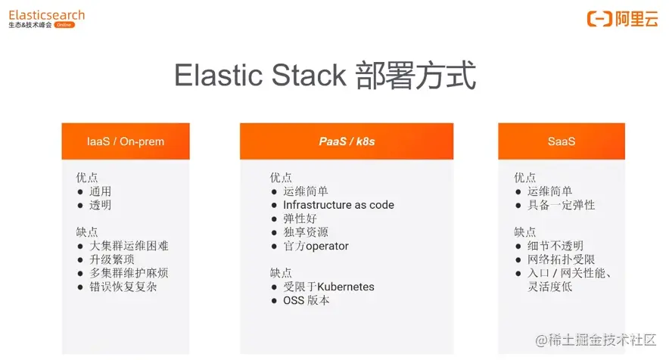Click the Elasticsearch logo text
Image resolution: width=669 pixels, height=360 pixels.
point(46,14)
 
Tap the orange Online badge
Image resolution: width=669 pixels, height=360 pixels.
point(64,25)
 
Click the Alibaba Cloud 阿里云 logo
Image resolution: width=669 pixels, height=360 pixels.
point(623,20)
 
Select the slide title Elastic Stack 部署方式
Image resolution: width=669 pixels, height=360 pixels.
point(325,76)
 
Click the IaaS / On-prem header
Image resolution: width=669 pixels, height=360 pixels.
point(126,141)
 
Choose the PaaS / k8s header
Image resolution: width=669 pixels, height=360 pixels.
point(347,141)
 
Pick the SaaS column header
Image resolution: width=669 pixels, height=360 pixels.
point(562,141)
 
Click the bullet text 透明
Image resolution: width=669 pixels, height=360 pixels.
point(100,205)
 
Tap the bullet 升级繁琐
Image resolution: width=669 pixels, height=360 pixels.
point(112,259)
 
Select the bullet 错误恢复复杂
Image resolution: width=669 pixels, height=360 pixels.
point(123,287)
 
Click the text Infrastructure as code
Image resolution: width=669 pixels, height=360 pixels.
point(338,205)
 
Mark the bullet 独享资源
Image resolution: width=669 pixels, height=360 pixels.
point(306,232)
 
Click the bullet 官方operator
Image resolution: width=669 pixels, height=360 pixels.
point(316,246)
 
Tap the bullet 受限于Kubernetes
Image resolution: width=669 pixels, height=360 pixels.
point(328,287)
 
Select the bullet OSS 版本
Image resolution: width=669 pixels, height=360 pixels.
point(306,300)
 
